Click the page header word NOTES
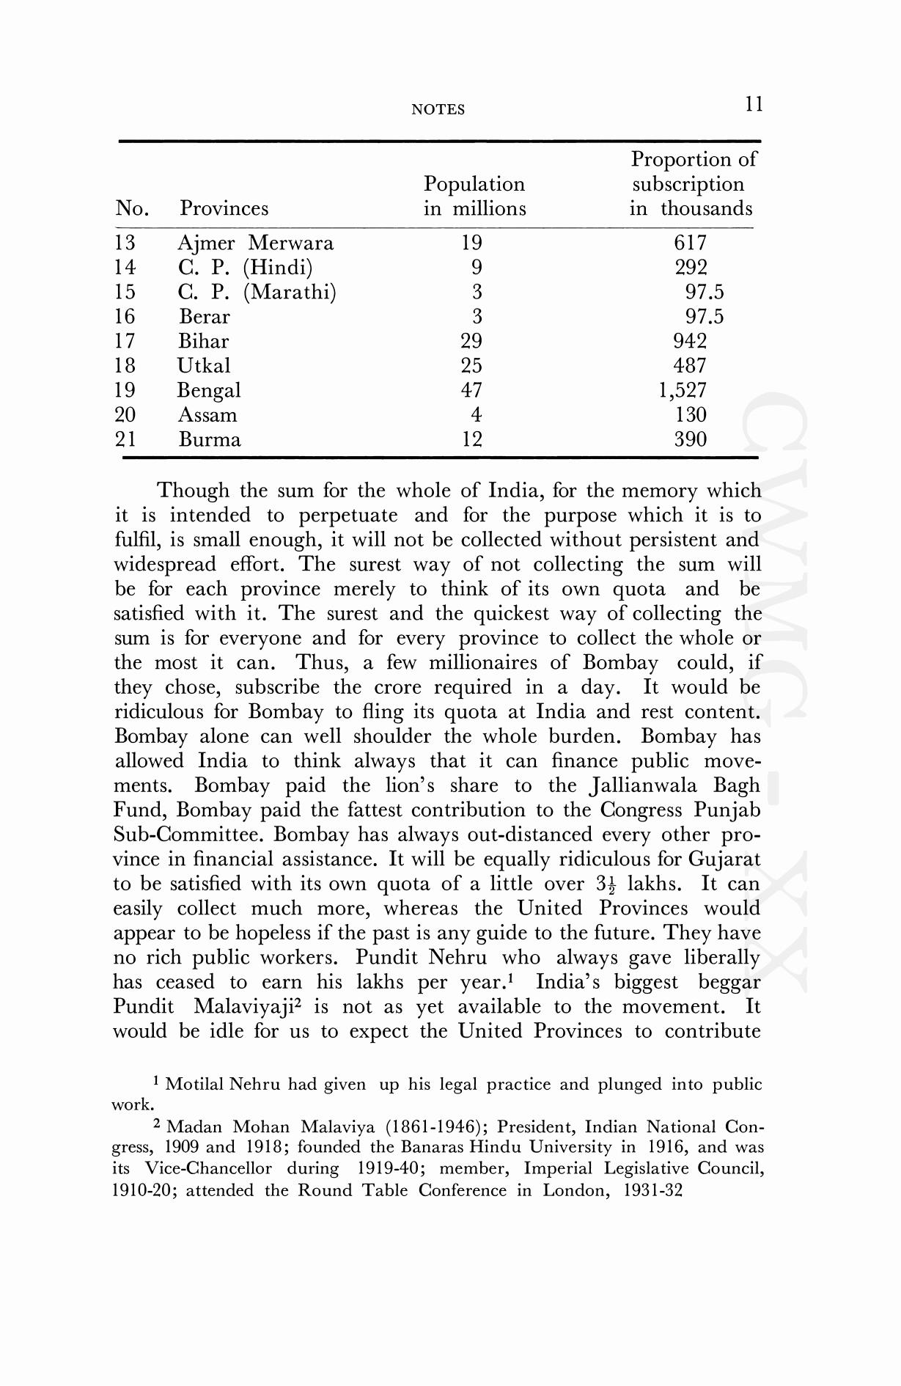tap(438, 110)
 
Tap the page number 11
tap(754, 105)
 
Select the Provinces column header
tap(224, 209)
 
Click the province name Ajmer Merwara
tap(255, 243)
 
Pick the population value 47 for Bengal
tap(471, 390)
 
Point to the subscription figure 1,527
tap(683, 390)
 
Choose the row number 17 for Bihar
tap(125, 341)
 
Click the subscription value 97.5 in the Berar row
tap(704, 317)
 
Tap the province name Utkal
tap(204, 365)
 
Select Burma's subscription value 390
tap(690, 439)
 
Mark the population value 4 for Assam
tap(476, 415)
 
